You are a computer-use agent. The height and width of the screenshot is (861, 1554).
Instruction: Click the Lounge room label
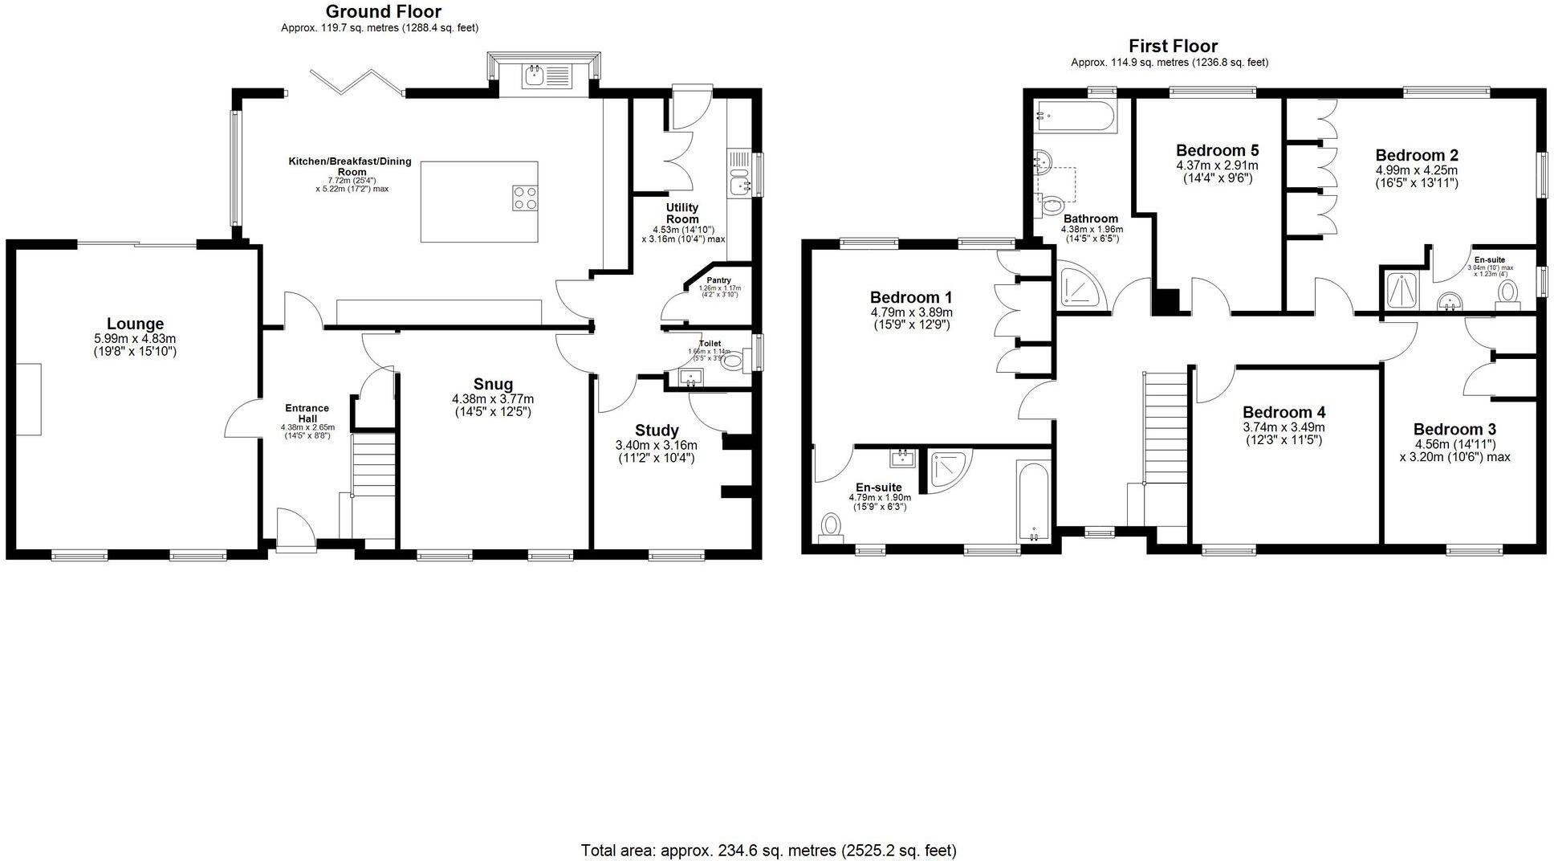point(135,324)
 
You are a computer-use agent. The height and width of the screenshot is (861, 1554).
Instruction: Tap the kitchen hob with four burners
point(525,198)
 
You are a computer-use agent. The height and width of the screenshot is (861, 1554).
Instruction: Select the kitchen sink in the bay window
point(535,77)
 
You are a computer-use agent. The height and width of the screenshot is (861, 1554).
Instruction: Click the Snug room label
point(493,384)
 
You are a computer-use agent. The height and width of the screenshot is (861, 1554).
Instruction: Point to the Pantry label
point(718,280)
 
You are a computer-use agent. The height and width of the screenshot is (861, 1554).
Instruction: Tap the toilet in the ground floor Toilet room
point(732,361)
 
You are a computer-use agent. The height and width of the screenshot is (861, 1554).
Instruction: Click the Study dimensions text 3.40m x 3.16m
point(656,445)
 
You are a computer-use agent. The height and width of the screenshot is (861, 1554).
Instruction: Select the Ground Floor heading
point(382,11)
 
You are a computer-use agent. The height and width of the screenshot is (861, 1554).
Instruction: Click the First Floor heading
point(1173,46)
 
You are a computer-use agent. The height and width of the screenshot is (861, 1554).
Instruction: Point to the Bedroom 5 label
point(1217,150)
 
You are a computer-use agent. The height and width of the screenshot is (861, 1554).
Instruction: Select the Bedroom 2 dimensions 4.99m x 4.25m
point(1416,170)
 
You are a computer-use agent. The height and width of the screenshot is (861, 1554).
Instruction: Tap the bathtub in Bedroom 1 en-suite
point(1033,500)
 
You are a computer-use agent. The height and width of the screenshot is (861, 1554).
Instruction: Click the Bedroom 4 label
point(1283,413)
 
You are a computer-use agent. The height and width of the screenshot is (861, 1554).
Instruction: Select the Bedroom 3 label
point(1454,430)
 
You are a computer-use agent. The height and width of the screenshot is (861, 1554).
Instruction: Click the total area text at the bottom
point(768,850)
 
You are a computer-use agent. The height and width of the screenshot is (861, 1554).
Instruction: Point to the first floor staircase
point(1165,426)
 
